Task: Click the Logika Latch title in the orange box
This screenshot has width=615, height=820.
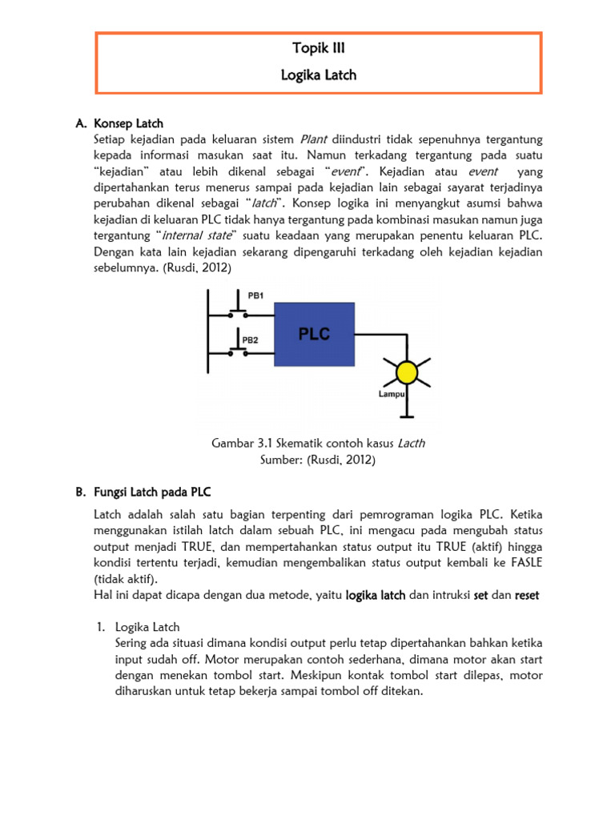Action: point(319,75)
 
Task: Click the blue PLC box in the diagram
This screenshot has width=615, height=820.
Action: point(315,333)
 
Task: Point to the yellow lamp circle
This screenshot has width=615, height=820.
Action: point(408,372)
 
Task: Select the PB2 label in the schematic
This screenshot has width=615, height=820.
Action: point(250,340)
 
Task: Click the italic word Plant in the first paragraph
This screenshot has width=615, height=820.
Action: point(314,141)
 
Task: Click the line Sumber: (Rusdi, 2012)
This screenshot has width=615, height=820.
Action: point(318,460)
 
